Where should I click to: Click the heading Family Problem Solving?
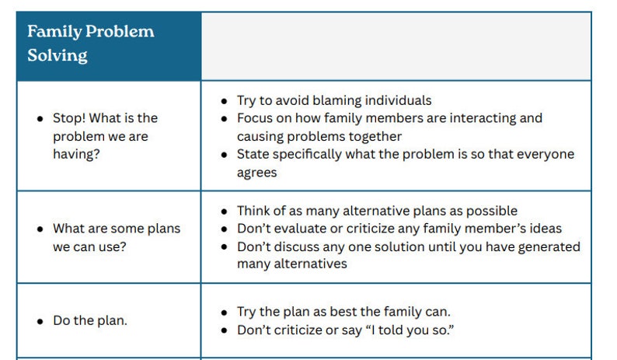point(90,44)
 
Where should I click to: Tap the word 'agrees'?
point(258,172)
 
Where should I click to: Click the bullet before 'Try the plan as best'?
point(225,313)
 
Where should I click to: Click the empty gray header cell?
point(396,46)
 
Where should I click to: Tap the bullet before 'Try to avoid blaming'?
point(225,101)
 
